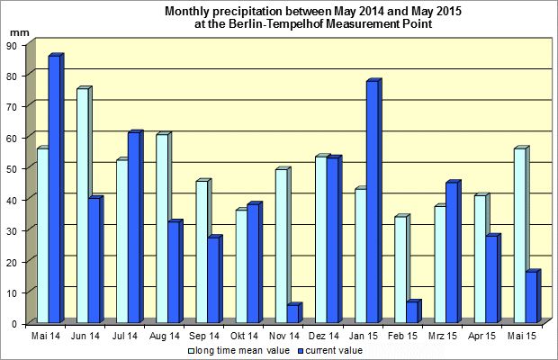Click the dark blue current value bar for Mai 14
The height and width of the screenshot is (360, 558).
click(x=54, y=189)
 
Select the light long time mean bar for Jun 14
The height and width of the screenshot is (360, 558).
click(x=82, y=206)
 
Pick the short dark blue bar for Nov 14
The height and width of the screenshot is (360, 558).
click(x=292, y=314)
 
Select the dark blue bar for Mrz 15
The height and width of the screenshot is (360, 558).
click(x=452, y=253)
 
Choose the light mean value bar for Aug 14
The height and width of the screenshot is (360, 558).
click(x=161, y=229)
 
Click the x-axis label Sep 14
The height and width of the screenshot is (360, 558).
click(x=206, y=335)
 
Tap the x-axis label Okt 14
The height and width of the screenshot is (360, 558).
click(x=246, y=335)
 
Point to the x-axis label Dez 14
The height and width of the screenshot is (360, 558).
click(x=325, y=335)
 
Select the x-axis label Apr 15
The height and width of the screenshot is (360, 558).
click(x=484, y=335)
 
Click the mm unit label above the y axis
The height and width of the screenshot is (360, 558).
click(x=18, y=31)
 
